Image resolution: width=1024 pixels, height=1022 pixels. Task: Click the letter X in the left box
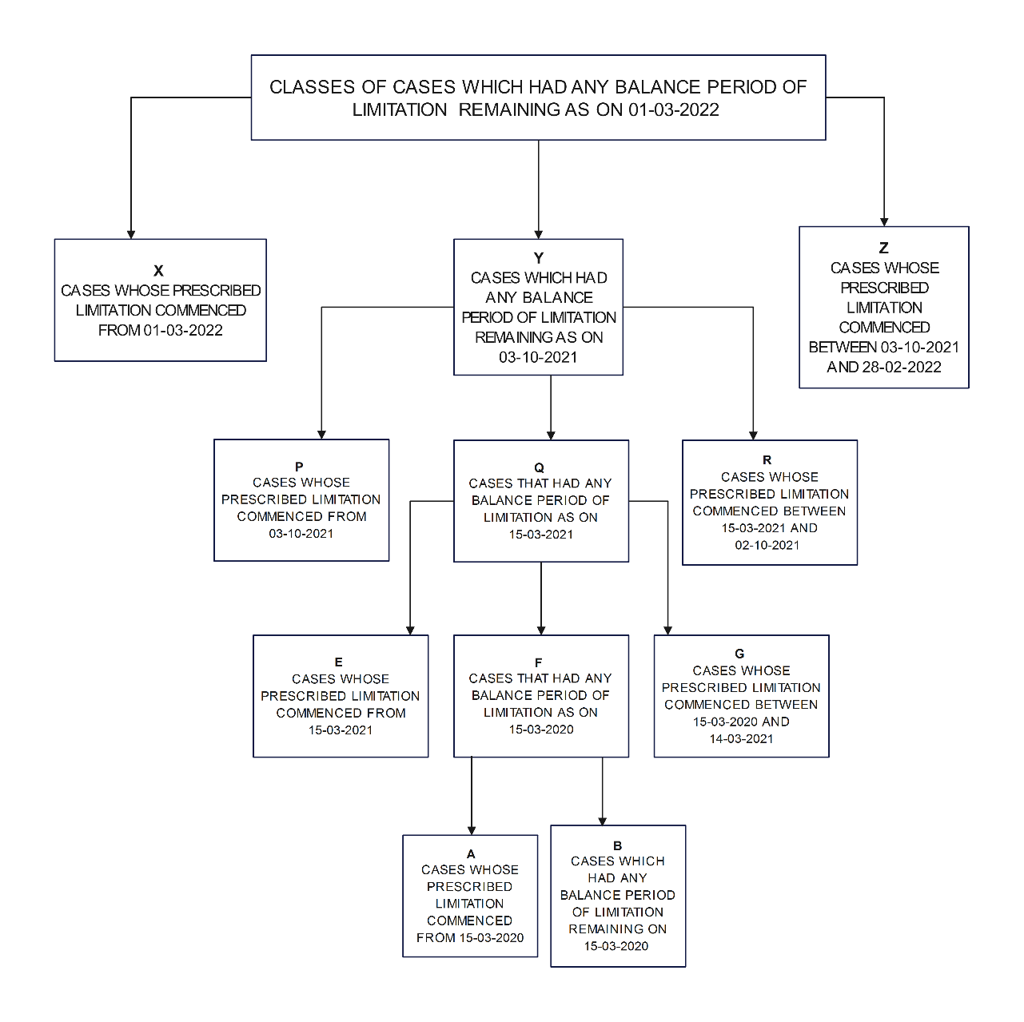[158, 271]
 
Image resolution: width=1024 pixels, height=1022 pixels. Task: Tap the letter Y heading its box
[539, 258]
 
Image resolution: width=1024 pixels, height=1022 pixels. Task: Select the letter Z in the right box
[883, 249]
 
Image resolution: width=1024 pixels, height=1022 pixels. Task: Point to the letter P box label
[299, 467]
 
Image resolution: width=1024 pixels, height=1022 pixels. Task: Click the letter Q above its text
[540, 467]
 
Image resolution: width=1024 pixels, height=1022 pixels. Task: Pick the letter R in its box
[767, 460]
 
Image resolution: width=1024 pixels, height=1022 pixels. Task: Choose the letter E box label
[339, 662]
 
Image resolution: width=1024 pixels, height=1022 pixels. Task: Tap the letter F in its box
[539, 662]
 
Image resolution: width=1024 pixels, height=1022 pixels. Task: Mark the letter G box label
[739, 654]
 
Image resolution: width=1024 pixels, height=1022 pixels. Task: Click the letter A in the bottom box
[471, 854]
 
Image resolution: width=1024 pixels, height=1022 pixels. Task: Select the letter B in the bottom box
[617, 845]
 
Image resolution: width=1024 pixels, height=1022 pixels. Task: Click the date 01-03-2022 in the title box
[674, 109]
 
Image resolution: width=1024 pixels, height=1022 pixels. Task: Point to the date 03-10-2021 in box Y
[538, 357]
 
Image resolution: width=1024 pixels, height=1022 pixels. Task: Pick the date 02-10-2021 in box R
[767, 545]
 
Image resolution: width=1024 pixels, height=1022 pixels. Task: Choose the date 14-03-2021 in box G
[741, 738]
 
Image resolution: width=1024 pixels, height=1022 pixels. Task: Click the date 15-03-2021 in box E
[341, 730]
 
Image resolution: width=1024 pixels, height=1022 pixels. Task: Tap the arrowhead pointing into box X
[131, 233]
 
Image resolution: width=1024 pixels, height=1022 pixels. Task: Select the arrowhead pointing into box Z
[884, 221]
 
